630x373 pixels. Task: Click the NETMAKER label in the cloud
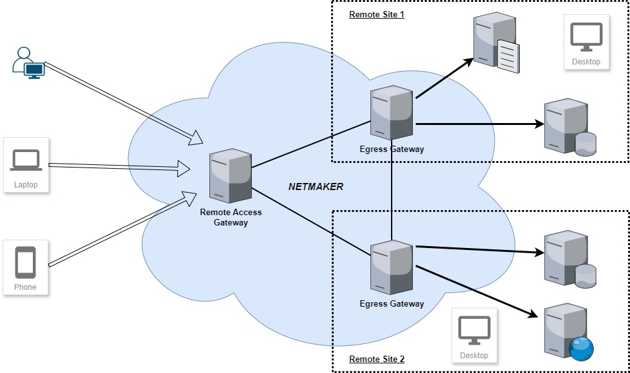pos(316,187)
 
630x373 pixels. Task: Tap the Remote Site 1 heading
pos(376,14)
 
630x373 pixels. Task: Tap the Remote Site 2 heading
pos(376,359)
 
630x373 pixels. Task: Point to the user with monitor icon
pos(28,62)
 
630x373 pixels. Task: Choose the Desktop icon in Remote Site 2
pos(474,336)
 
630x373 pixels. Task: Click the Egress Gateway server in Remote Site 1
pos(392,113)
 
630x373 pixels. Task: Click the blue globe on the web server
pos(581,349)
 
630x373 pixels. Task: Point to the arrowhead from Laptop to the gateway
pos(184,170)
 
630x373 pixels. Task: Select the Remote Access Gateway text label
pos(231,217)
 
